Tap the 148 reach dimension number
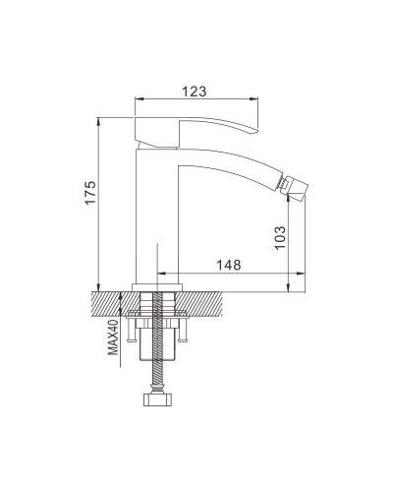[229, 266]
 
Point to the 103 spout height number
[280, 237]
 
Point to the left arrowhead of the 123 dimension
[138, 100]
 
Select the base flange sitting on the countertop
[157, 287]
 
